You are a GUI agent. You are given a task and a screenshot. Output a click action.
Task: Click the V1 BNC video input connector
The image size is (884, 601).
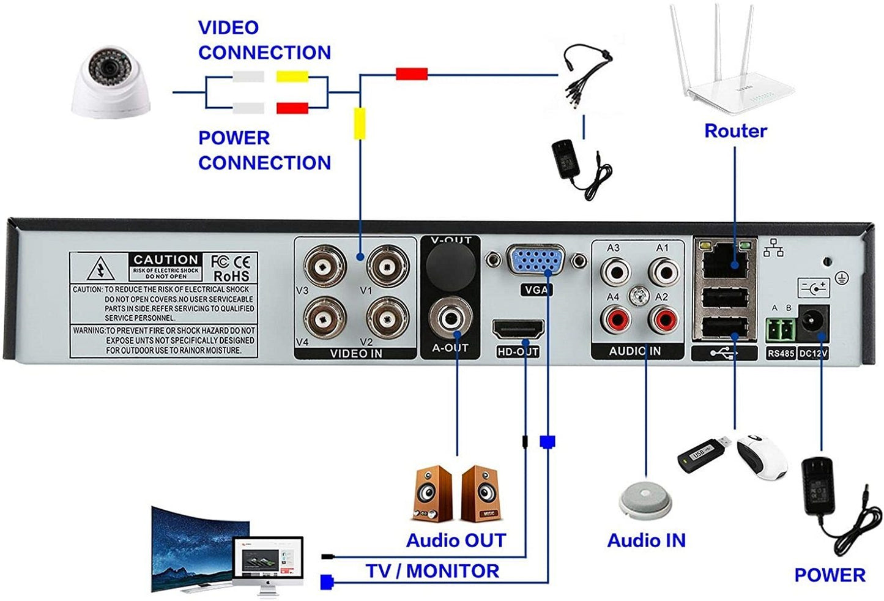coord(387,266)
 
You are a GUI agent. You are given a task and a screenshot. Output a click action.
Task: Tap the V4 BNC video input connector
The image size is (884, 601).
coord(325,318)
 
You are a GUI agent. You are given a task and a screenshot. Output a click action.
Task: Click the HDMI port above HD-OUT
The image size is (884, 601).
coord(518,330)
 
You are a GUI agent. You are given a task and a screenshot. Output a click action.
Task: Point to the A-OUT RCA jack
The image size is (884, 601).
coord(451,318)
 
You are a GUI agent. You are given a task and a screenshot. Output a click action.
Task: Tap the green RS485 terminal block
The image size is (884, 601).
coord(781,330)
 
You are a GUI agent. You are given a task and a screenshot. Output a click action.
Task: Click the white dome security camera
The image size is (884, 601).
coord(110,83)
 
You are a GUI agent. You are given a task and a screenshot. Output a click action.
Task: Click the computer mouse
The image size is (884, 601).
coord(762,457)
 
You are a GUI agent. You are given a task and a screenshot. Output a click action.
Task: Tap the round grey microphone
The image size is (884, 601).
coord(645,499)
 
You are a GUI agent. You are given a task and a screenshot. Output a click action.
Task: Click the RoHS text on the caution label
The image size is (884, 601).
coord(231,276)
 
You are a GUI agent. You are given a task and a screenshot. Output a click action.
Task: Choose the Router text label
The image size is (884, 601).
coord(735,130)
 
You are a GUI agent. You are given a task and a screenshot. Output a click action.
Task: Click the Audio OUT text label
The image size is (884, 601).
coord(456,540)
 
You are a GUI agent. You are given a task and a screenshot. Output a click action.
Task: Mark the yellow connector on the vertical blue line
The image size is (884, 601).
coord(360,122)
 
